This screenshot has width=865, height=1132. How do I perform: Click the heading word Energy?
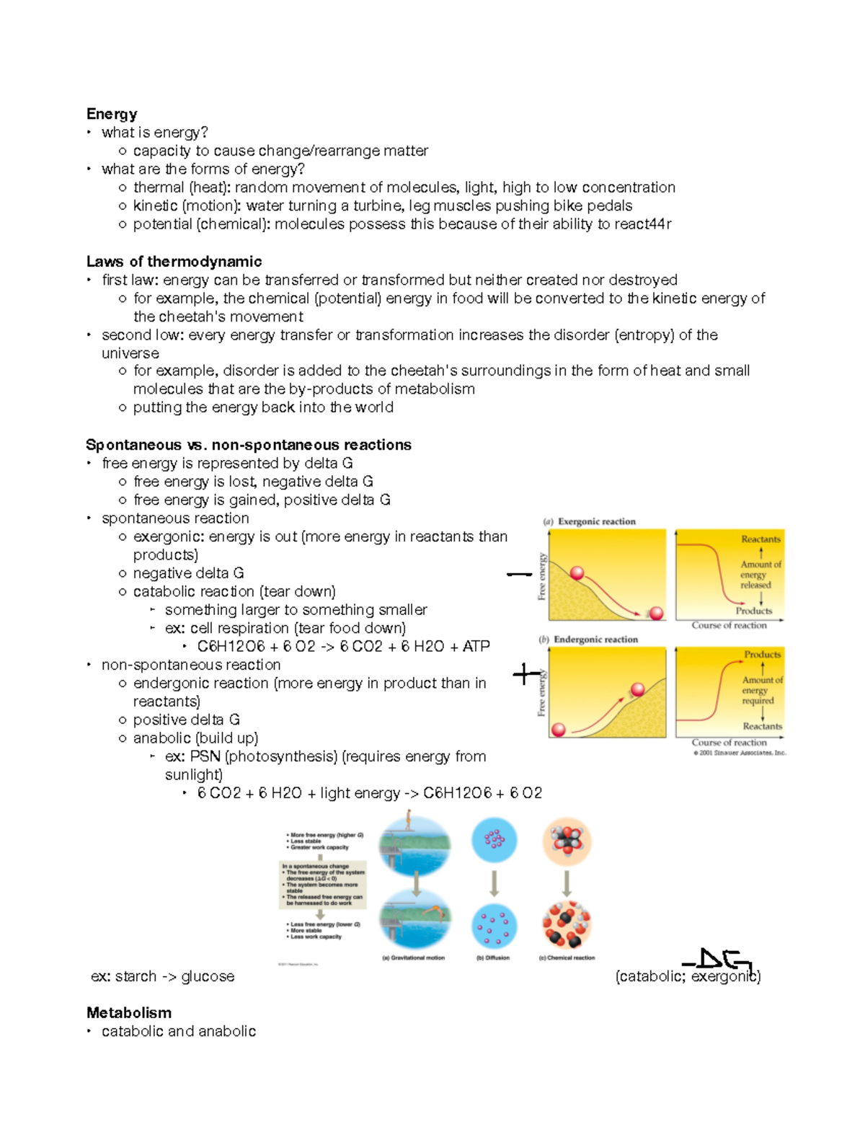[x=112, y=114]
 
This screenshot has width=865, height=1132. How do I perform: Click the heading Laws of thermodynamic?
[x=174, y=262]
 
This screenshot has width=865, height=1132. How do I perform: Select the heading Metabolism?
[x=129, y=1013]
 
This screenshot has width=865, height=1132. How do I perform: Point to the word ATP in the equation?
[x=476, y=647]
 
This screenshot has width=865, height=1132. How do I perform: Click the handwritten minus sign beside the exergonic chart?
[x=519, y=575]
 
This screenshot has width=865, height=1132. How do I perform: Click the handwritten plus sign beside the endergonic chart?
[x=525, y=675]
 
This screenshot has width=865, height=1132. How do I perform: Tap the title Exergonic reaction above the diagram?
[x=596, y=521]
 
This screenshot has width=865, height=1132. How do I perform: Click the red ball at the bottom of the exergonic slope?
[x=656, y=614]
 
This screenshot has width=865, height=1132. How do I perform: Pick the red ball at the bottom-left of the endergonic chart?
[x=558, y=730]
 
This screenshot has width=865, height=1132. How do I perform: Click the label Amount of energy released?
[x=760, y=575]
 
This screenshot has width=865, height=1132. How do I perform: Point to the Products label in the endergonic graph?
[x=762, y=655]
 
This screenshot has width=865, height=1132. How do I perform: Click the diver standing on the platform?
[x=409, y=820]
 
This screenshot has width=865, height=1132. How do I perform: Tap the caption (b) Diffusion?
[x=493, y=958]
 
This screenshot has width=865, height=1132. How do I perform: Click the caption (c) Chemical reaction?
[x=567, y=958]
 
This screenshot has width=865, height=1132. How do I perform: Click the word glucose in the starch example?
[x=208, y=977]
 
